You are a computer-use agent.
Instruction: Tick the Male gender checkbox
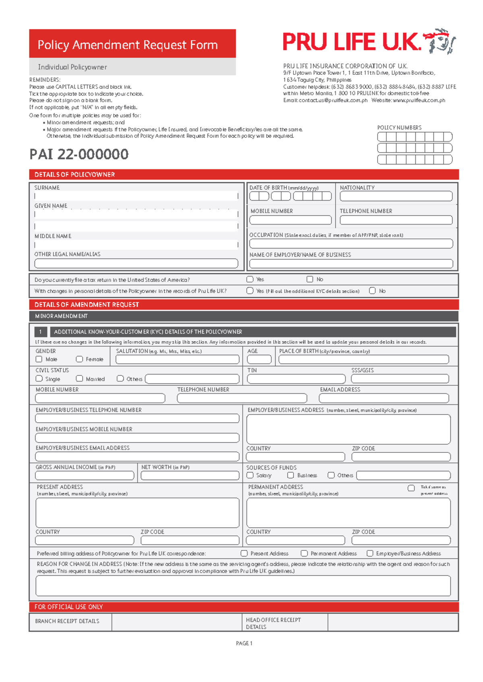pos(39,359)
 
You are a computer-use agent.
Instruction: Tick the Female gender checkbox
pos(79,359)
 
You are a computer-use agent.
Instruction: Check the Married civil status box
pos(79,378)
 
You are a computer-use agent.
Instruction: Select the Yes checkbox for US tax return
pos(250,279)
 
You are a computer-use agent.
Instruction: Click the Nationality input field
pos(396,196)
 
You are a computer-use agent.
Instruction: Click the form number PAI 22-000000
pos(79,154)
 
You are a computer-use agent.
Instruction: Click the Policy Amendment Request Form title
pos(128,45)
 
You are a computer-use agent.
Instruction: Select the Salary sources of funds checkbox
pos(250,475)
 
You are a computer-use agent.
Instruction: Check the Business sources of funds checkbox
pos(291,475)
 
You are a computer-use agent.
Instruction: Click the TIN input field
pos(296,379)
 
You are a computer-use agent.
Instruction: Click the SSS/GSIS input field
pos(400,379)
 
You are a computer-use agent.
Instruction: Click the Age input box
pos(259,359)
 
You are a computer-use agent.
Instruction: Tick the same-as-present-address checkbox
pos(411,488)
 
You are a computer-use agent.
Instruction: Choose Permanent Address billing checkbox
pos(304,553)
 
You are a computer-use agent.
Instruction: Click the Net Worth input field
pos(190,476)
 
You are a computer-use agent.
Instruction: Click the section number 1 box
pos(40,332)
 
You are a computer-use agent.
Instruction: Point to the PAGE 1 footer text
pos(244,643)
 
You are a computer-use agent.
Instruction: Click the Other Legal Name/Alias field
pos(136,263)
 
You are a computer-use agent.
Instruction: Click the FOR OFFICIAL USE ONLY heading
pos(68,607)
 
